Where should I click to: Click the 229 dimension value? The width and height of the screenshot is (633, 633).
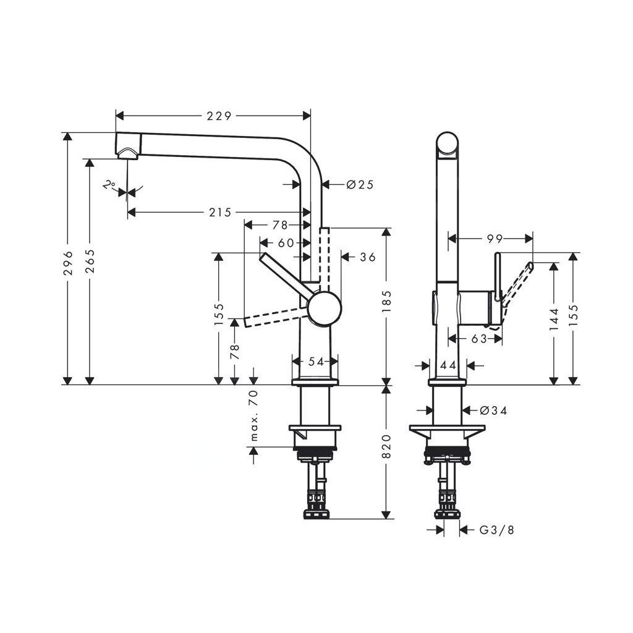click(x=219, y=116)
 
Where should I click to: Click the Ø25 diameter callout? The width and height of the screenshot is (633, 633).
click(x=360, y=184)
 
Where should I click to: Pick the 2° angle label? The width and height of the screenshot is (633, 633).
click(x=110, y=184)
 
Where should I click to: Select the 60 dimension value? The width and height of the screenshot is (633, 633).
click(x=286, y=243)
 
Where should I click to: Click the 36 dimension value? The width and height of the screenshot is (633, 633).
click(x=367, y=257)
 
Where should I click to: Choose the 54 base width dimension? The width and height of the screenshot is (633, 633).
click(x=316, y=362)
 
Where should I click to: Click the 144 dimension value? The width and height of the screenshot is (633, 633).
click(x=553, y=320)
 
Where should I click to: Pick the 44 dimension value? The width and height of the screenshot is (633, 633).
click(x=448, y=365)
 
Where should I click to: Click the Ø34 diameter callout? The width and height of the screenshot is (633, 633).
click(x=493, y=410)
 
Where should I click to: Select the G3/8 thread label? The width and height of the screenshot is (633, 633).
click(x=496, y=530)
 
